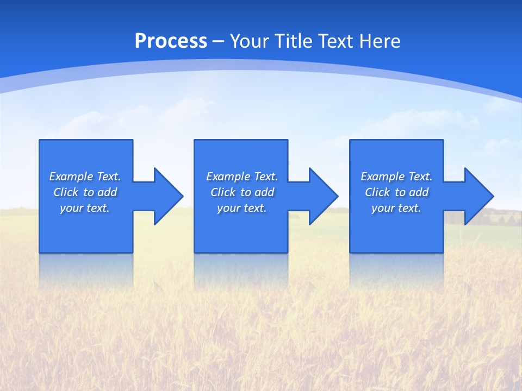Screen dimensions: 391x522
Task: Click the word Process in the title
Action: point(171,41)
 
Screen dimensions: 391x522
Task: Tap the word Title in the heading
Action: point(294,41)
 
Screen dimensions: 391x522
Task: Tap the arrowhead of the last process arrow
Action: point(478,196)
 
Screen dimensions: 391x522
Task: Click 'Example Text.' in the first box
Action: point(85,176)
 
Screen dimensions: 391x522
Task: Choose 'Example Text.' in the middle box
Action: point(242,176)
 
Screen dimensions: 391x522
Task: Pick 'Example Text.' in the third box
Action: point(396,176)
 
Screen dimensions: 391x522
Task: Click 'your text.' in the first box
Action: point(85,208)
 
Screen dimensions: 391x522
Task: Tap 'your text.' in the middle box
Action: point(242,208)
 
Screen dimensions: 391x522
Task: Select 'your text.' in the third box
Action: point(396,208)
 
